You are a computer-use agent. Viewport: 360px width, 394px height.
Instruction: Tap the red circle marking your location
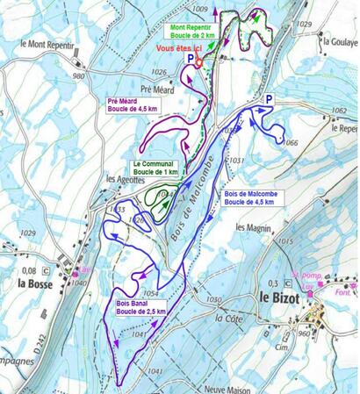pos(199,62)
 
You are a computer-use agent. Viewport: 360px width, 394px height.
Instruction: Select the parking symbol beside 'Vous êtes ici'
pos(191,58)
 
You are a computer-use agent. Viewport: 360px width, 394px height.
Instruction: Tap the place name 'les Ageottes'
pos(124,179)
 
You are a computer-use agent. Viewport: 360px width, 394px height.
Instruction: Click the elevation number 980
pos(78,76)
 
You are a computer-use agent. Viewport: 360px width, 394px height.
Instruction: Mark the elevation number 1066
pos(292,142)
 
